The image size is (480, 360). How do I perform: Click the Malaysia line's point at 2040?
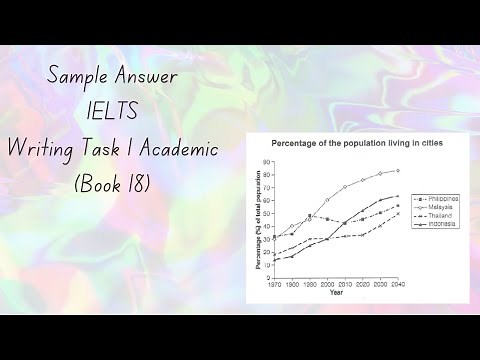(x=398, y=170)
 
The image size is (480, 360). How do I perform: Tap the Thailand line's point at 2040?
(x=398, y=213)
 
